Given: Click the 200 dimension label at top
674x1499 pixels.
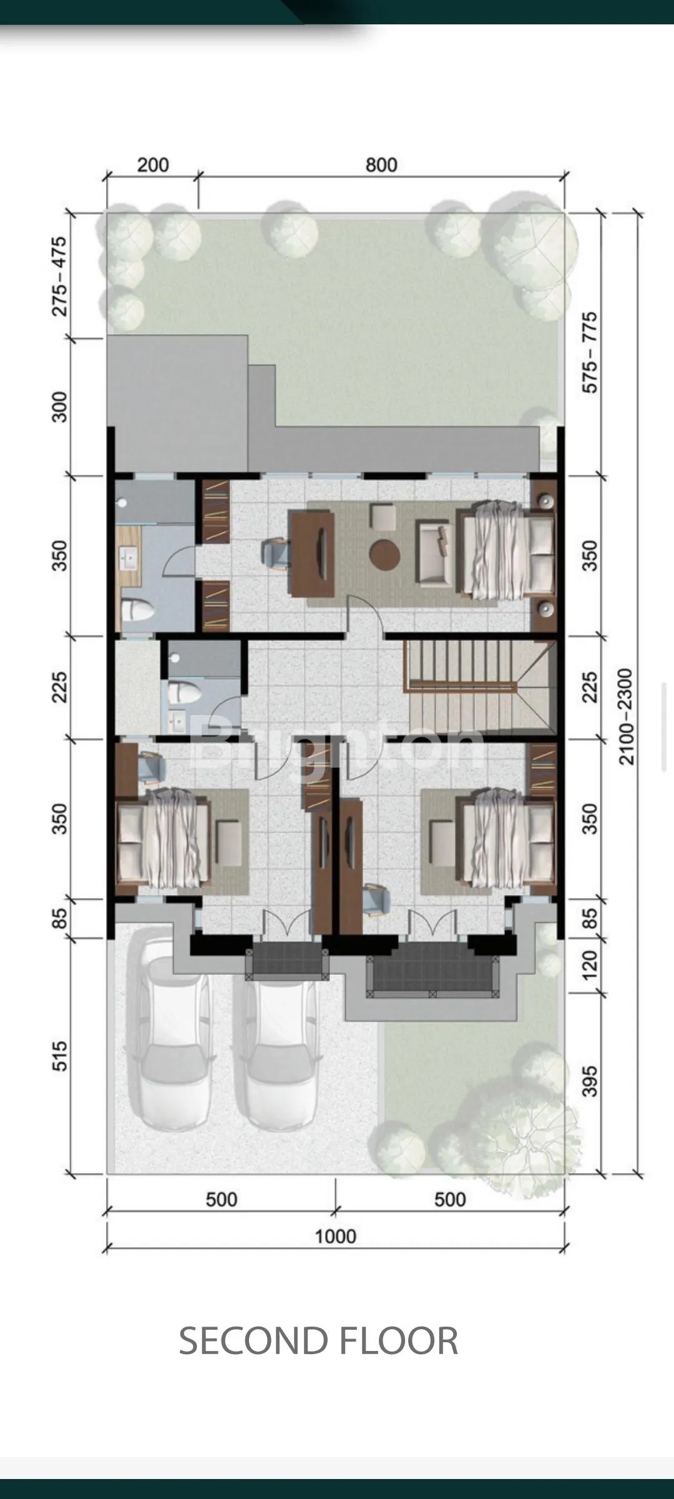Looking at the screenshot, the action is pyautogui.click(x=153, y=165).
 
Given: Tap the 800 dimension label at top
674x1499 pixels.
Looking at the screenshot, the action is pyautogui.click(x=381, y=165).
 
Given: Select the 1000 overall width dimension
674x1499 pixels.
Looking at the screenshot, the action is pyautogui.click(x=335, y=1236).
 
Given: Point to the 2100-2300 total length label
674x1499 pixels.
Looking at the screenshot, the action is pyautogui.click(x=625, y=716).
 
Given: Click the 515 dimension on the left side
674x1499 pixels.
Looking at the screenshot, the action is pyautogui.click(x=59, y=1056).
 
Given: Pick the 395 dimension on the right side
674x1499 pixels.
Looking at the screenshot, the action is pyautogui.click(x=589, y=1081).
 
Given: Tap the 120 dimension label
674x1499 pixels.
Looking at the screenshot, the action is pyautogui.click(x=589, y=965).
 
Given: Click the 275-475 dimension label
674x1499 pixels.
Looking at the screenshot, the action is pyautogui.click(x=59, y=276).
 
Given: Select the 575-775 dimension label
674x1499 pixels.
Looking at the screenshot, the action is pyautogui.click(x=589, y=352).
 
